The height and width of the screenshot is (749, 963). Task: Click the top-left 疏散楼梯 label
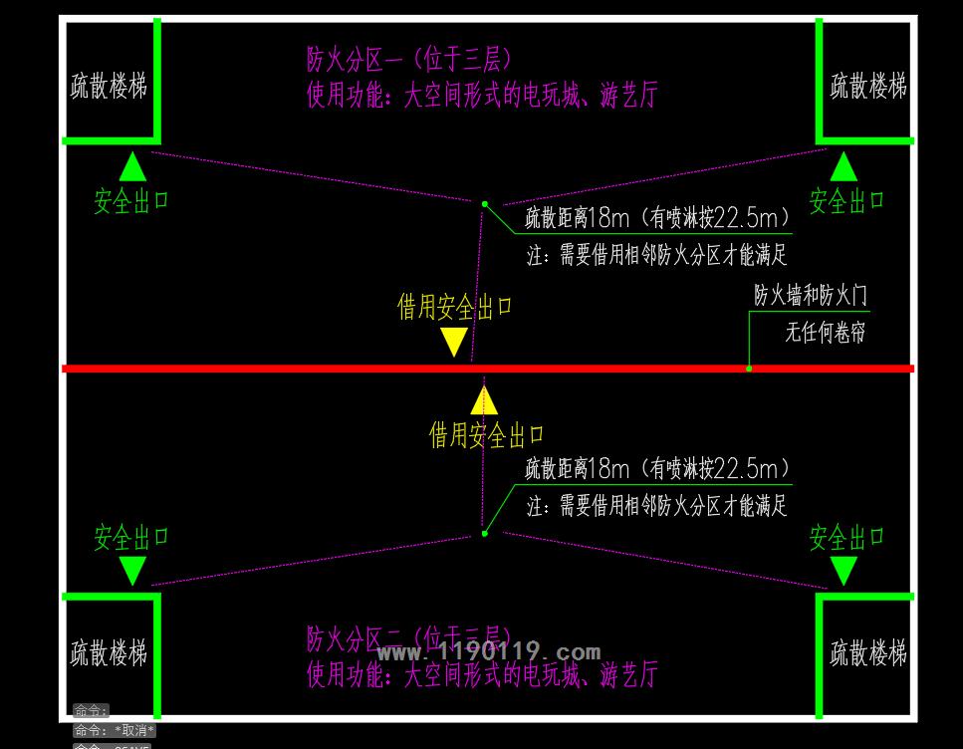[109, 87]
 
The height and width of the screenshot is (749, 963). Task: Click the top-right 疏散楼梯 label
[868, 86]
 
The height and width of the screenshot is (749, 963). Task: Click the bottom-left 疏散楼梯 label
[109, 654]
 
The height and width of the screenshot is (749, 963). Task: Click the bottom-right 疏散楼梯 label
[868, 654]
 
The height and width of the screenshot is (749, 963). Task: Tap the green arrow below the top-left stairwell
[132, 166]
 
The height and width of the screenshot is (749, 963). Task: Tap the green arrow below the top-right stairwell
[843, 166]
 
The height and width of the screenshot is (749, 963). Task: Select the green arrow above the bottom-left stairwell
[132, 571]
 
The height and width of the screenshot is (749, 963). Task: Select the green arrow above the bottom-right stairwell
[843, 571]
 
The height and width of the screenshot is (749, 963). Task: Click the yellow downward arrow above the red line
[454, 342]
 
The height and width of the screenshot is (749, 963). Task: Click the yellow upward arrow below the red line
[484, 399]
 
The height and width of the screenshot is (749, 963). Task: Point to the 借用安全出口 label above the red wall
[455, 307]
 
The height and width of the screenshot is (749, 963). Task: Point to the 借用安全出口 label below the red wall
[487, 435]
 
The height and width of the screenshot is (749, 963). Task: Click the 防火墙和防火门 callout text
[810, 296]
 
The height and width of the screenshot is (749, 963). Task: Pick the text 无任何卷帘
[825, 333]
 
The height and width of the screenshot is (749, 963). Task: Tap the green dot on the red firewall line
[749, 369]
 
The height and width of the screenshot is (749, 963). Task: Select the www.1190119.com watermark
[489, 653]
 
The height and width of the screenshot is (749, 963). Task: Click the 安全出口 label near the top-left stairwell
[131, 201]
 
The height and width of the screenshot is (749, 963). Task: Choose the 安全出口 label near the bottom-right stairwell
[846, 539]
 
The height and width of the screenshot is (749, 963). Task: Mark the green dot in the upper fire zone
[485, 204]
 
